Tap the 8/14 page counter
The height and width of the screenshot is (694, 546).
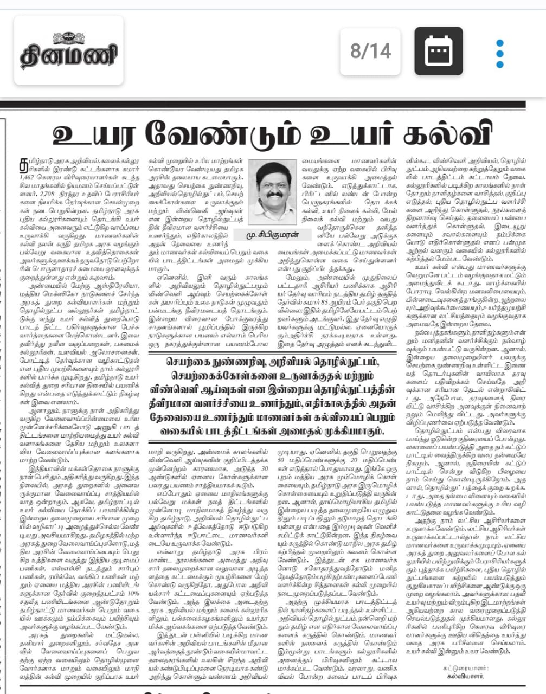pos(371,51)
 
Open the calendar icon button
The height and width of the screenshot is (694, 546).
pos(438,51)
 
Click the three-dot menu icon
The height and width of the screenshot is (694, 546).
pos(499,51)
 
